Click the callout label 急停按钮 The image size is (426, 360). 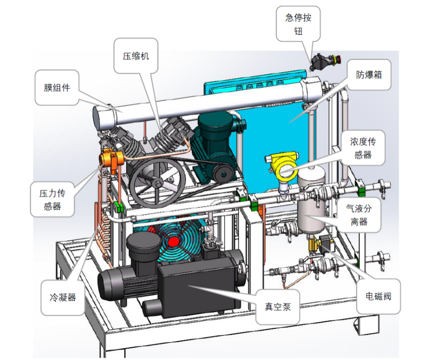[x=298, y=24]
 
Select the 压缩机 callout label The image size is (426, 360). [x=136, y=56]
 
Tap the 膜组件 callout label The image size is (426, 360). [x=57, y=87]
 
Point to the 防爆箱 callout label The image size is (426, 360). [x=369, y=75]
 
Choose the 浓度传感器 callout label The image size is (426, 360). [x=363, y=148]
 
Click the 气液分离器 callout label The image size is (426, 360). [x=358, y=215]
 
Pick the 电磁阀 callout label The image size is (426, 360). [x=378, y=296]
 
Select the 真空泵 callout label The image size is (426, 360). [x=278, y=307]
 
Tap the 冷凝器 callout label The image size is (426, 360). [x=62, y=298]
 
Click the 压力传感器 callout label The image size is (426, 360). [x=52, y=200]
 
